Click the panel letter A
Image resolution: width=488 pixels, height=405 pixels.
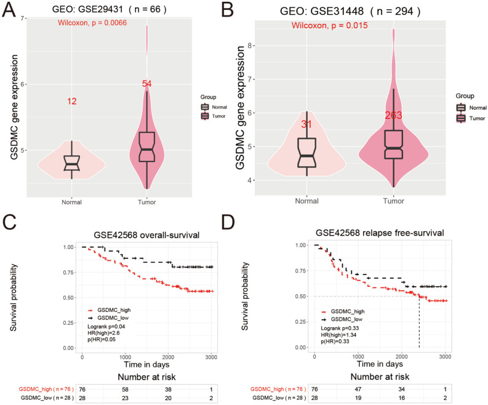coord(10,10)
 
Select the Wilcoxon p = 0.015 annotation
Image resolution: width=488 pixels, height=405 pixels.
coord(330,25)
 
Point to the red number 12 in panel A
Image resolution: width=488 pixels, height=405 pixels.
coord(72,101)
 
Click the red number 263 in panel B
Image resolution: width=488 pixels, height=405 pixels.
coord(393,115)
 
